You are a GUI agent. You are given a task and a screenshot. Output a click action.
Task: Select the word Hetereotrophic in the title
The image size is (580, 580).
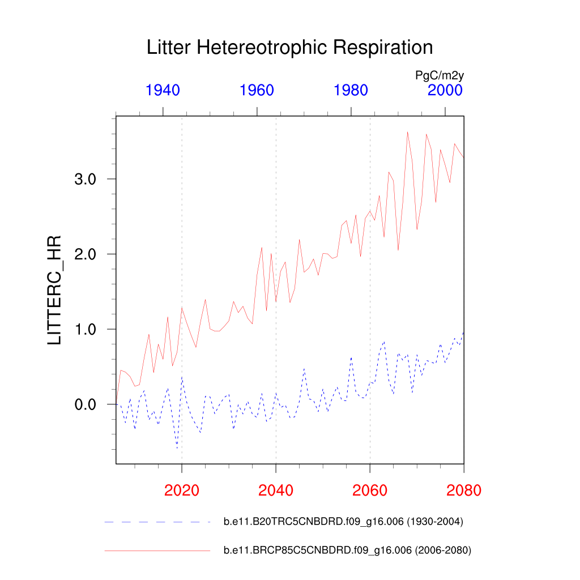264,48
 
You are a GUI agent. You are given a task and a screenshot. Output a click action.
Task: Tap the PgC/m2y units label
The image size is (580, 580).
440,75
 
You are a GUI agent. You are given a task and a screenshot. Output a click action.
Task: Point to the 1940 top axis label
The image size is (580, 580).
163,90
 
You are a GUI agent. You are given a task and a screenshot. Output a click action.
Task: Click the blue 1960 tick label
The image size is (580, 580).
257,90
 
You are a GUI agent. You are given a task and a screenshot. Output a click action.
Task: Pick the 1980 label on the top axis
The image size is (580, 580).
351,90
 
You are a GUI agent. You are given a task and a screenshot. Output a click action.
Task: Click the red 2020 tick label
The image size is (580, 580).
182,490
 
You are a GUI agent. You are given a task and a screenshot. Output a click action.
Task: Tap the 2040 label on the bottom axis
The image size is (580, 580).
276,490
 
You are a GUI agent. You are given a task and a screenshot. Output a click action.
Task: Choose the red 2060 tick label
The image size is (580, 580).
370,490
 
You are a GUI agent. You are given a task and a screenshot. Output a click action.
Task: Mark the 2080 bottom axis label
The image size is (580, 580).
464,490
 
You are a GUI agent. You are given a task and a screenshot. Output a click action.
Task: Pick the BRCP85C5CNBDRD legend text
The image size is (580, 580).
347,550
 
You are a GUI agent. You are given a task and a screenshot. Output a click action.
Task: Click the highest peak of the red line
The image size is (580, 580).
407,132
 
